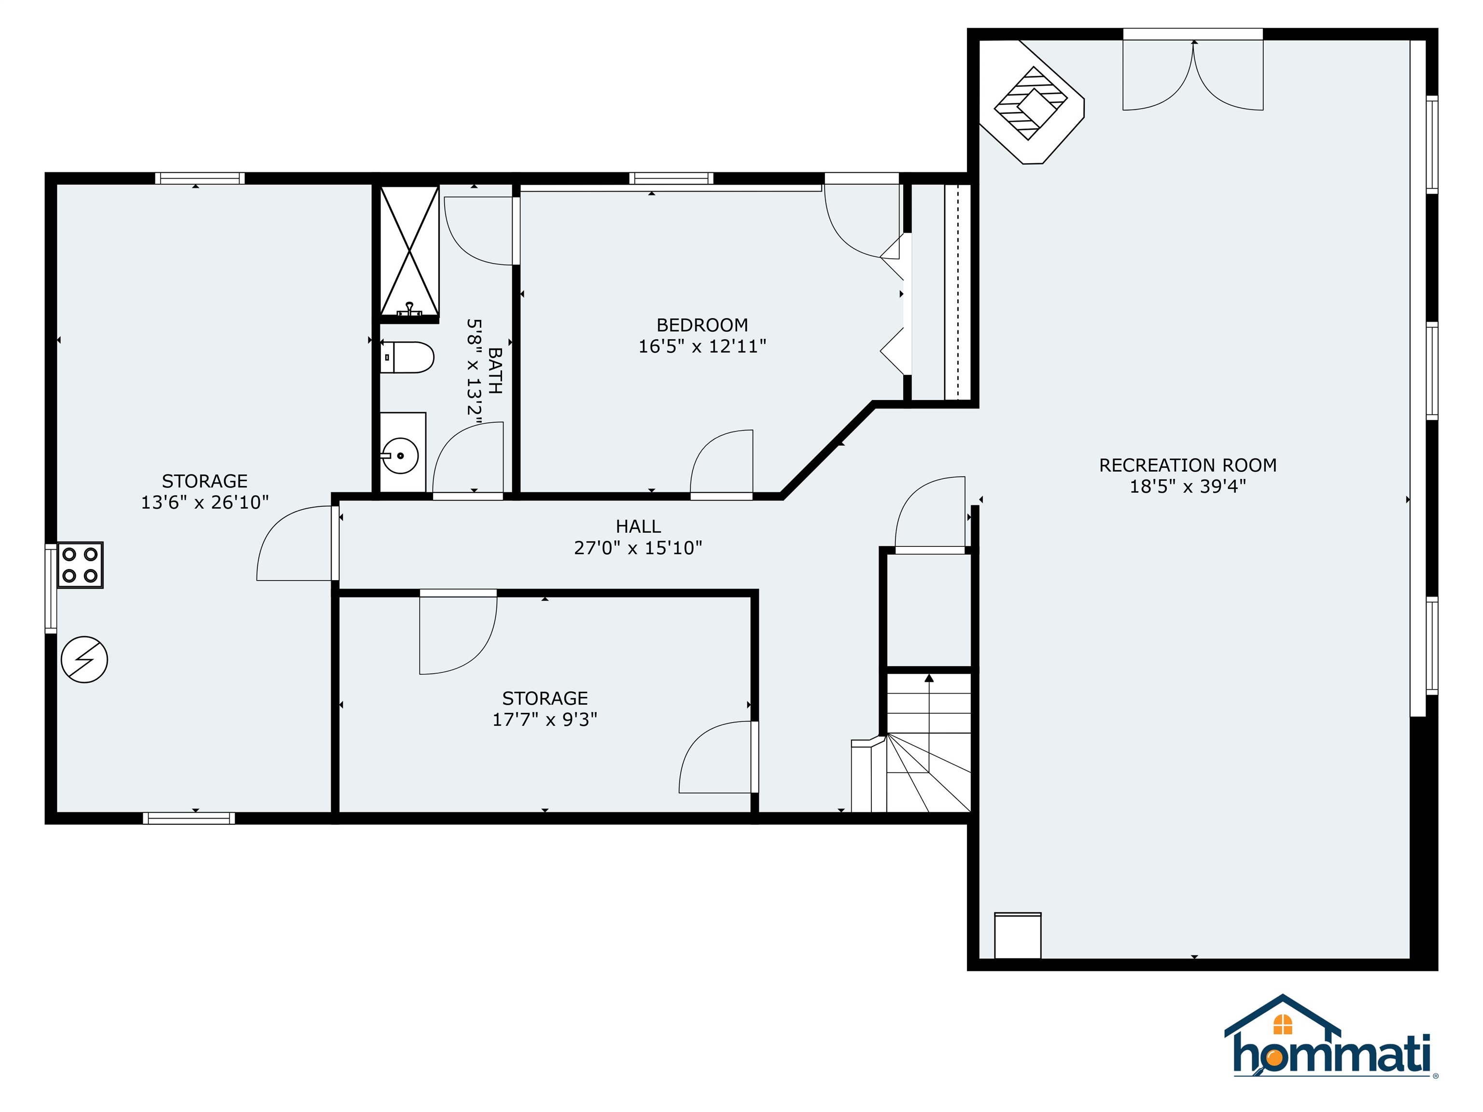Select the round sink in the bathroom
click(400, 456)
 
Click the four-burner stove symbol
click(80, 564)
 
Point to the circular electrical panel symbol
click(84, 660)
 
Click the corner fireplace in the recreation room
click(1031, 102)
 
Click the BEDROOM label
click(702, 325)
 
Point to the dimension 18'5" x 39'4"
click(1188, 486)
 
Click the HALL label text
click(638, 526)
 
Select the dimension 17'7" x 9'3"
click(545, 719)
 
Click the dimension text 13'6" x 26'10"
click(205, 502)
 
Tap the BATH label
click(495, 370)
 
